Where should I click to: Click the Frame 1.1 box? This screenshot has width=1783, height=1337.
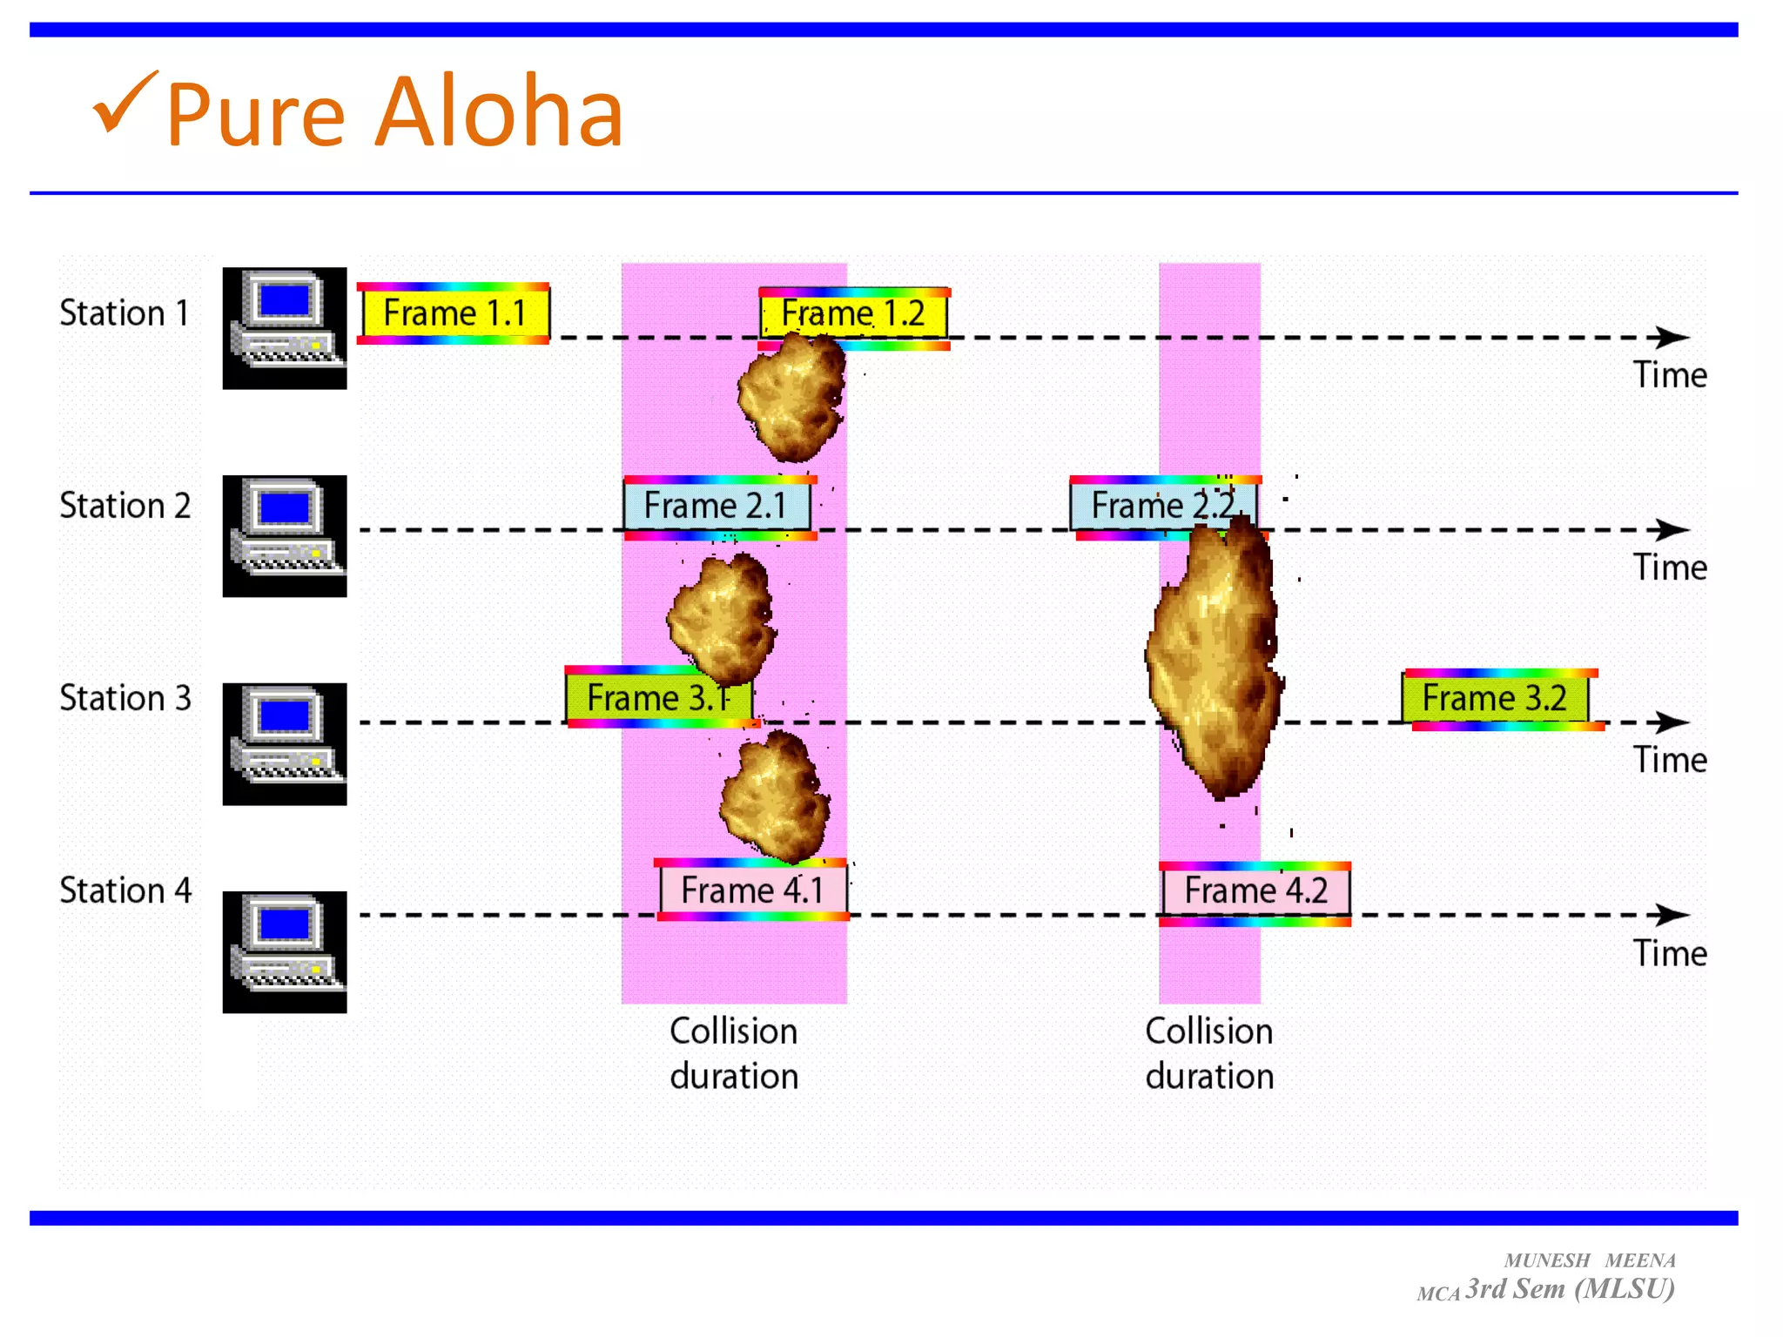pyautogui.click(x=454, y=313)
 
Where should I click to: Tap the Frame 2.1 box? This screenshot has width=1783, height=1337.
pyautogui.click(x=716, y=506)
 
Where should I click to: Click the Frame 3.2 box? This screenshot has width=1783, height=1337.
pyautogui.click(x=1495, y=698)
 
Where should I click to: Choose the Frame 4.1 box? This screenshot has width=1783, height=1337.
pyautogui.click(x=752, y=890)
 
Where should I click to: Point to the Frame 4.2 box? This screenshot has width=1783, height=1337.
pyautogui.click(x=1255, y=891)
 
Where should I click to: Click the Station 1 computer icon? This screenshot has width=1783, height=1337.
pyautogui.click(x=285, y=328)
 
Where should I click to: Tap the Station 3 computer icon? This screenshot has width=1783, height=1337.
pyautogui.click(x=285, y=744)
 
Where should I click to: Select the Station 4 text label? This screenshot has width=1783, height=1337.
pyautogui.click(x=125, y=890)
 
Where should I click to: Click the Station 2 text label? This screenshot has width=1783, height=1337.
pyautogui.click(x=125, y=506)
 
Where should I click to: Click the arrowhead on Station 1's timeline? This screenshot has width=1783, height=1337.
pyautogui.click(x=1671, y=337)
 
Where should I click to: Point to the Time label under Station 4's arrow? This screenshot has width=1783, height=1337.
pyautogui.click(x=1669, y=954)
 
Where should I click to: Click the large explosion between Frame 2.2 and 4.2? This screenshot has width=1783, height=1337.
pyautogui.click(x=1215, y=662)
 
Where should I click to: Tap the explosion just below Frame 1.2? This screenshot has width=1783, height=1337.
pyautogui.click(x=791, y=399)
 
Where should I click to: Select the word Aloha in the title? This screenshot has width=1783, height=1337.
pyautogui.click(x=499, y=113)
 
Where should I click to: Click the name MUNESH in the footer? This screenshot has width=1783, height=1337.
pyautogui.click(x=1547, y=1260)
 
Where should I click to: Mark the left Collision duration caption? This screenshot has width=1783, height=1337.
pyautogui.click(x=734, y=1054)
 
